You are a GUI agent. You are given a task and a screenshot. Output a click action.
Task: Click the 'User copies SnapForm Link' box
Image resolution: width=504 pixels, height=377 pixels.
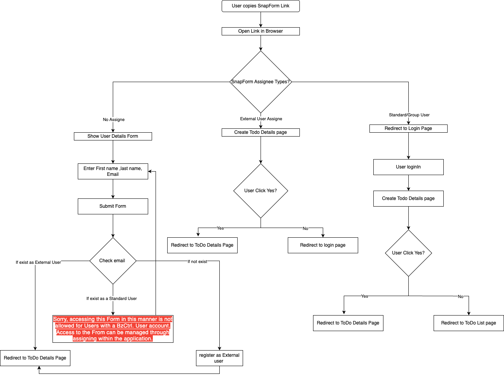point(261,6)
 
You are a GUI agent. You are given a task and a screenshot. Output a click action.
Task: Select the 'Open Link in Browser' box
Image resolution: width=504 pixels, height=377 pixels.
point(261,31)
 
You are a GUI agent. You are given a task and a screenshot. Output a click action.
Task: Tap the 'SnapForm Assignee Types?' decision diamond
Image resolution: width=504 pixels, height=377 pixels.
point(261,82)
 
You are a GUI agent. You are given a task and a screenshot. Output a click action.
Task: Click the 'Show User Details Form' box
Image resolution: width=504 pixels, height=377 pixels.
point(113,136)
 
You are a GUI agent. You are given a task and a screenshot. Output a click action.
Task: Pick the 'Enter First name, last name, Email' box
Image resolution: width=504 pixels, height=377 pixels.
point(113,172)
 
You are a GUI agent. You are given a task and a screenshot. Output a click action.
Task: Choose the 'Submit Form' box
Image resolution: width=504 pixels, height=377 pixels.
point(113,206)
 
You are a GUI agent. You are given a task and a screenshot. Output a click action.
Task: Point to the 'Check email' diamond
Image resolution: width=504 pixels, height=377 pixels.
point(113,261)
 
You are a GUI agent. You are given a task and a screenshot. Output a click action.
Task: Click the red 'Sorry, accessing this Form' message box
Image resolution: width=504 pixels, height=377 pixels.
point(113,329)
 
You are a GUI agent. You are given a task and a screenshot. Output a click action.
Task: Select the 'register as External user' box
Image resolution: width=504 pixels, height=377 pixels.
point(219,358)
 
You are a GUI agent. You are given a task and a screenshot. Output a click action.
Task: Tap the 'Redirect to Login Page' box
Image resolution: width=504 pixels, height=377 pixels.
point(408,128)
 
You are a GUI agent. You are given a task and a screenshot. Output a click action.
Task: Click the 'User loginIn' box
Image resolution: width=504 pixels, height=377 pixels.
point(408,167)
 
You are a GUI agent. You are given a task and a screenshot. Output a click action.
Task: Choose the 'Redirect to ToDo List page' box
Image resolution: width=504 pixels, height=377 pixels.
point(469,323)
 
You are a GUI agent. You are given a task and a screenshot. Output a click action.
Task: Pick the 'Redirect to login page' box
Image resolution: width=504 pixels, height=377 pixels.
point(323,245)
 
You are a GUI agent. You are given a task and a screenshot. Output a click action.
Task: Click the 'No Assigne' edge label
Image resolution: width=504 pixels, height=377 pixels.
point(114,119)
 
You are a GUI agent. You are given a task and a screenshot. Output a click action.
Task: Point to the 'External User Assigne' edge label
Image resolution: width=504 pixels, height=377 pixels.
point(261,119)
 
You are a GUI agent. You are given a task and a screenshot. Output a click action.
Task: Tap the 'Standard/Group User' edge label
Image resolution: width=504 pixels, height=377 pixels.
point(409,115)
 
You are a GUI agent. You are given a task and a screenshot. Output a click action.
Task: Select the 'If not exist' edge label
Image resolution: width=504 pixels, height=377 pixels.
point(197,261)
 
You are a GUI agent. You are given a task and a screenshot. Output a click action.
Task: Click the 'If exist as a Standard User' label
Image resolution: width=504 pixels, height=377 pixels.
point(112,298)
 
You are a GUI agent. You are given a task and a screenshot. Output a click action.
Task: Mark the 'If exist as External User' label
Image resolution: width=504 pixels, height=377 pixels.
point(38,262)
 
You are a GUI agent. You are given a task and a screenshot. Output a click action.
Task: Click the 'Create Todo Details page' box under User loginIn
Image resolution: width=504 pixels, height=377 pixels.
point(408,198)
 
